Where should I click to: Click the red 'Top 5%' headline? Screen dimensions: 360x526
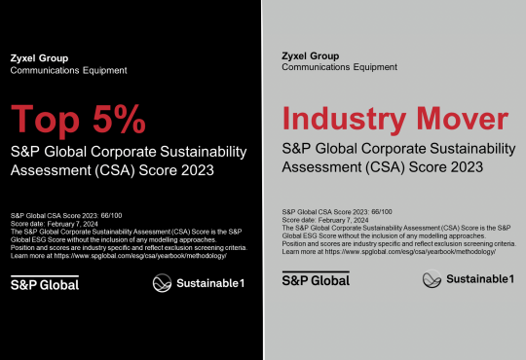pos(78,120)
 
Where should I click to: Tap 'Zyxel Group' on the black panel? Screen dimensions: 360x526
pos(37,57)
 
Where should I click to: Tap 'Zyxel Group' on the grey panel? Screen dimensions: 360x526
pos(311,55)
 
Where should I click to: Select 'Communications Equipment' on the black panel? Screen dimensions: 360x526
pos(68,70)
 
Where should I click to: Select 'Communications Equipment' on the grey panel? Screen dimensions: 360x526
pos(342,68)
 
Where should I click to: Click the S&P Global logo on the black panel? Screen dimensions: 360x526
pos(44,283)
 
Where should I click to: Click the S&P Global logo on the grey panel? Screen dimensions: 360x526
pos(315,280)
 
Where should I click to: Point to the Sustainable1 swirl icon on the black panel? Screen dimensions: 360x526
pos(164,283)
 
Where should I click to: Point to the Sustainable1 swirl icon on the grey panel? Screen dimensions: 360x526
pos(433,280)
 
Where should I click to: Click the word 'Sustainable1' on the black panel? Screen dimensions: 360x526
pos(212,283)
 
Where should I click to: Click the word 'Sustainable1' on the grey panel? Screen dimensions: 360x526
pos(480,280)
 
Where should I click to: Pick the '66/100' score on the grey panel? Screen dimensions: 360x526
pos(372,210)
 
